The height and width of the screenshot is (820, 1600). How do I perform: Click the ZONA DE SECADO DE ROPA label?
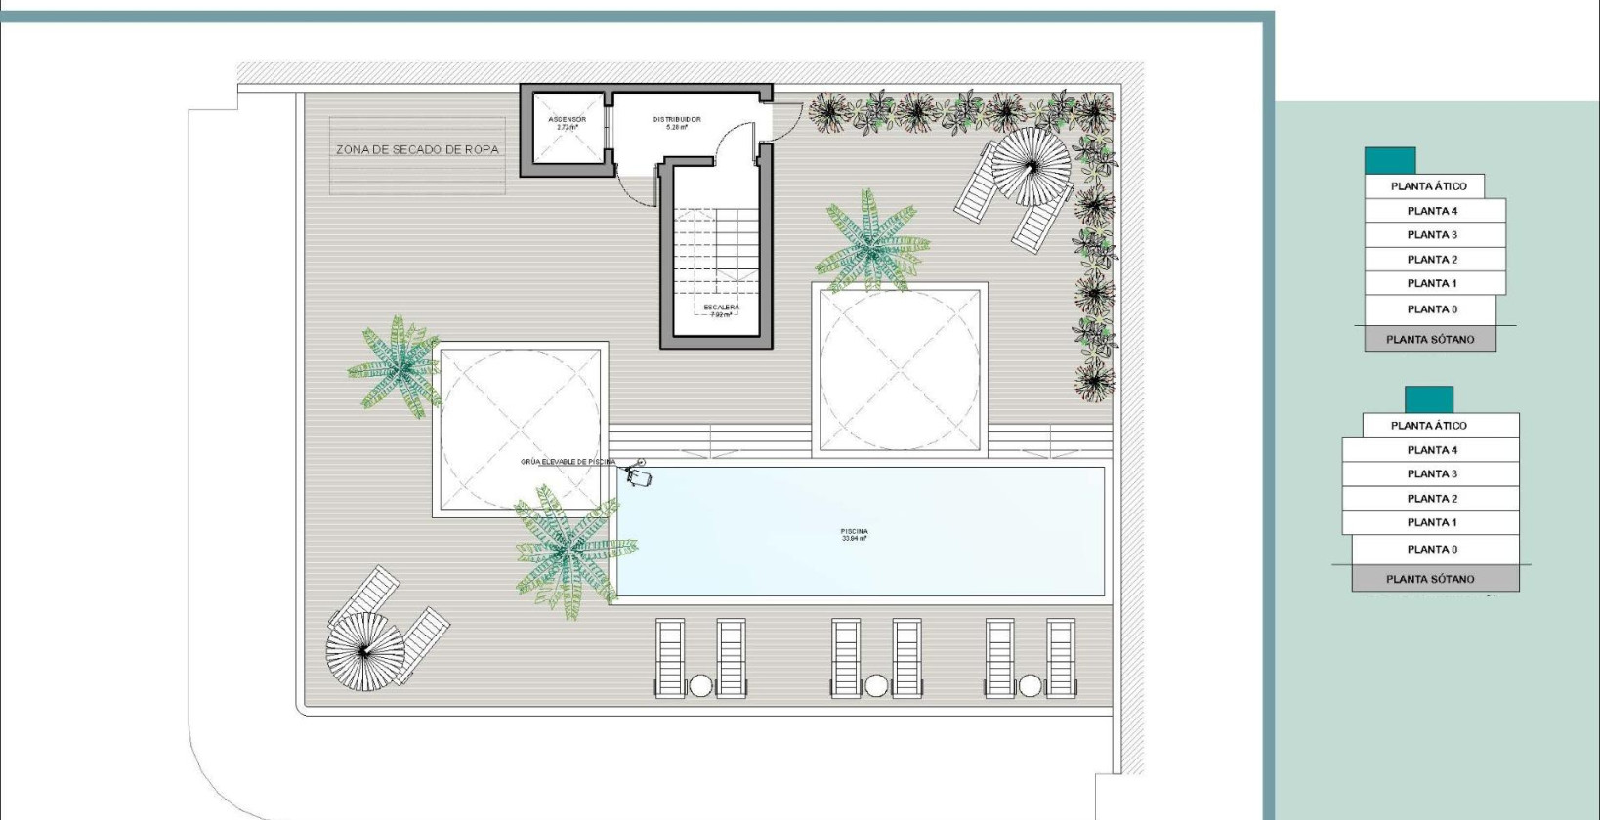[x=417, y=149]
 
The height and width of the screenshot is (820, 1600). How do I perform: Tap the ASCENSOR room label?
[x=567, y=123]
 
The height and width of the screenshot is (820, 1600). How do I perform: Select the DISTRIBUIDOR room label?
[x=677, y=123]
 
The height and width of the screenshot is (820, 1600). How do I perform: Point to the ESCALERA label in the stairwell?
[x=721, y=310]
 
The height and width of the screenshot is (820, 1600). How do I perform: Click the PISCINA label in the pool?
[x=854, y=534]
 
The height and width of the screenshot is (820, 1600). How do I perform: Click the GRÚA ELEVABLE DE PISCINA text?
[x=568, y=461]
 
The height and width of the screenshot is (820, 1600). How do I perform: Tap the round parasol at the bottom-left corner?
[x=364, y=650]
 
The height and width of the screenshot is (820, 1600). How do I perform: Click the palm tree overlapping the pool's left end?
[x=570, y=553]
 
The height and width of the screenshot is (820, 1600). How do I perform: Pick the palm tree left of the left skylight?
[x=397, y=367]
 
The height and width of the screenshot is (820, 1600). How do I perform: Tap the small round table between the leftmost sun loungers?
[x=700, y=686]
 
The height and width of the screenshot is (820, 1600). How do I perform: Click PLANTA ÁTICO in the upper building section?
[x=1427, y=185]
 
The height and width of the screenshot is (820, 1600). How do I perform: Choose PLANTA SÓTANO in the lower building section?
[x=1430, y=579]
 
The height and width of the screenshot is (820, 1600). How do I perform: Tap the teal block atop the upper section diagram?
[x=1389, y=161]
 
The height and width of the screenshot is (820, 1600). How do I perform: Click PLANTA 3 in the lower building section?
[x=1431, y=473]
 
